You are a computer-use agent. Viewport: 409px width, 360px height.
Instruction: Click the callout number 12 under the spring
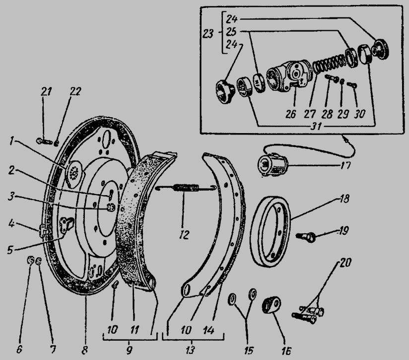click(x=184, y=235)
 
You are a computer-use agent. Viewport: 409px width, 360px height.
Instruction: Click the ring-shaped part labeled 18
click(x=271, y=231)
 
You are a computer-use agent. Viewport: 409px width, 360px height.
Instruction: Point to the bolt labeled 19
click(x=306, y=237)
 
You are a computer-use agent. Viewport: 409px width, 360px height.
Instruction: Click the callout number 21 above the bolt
click(x=47, y=91)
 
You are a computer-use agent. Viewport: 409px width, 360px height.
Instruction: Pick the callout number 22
click(x=75, y=91)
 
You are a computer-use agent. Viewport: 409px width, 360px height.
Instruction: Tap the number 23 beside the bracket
click(x=208, y=34)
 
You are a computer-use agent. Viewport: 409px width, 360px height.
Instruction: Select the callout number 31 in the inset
click(x=316, y=127)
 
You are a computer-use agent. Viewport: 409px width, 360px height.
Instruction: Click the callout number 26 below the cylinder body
click(x=290, y=114)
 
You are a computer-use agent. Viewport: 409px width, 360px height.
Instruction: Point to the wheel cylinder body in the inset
click(x=287, y=76)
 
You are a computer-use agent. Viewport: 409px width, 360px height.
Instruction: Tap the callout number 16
click(x=285, y=351)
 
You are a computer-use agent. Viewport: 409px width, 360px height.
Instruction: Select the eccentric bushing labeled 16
click(x=272, y=304)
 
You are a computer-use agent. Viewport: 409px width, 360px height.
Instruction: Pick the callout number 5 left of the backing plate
click(x=9, y=250)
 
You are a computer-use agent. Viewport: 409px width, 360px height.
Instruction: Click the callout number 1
click(x=11, y=142)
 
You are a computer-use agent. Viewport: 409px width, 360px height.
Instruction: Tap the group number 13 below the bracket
click(x=190, y=350)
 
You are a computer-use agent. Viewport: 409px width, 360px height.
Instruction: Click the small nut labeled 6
click(x=30, y=260)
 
